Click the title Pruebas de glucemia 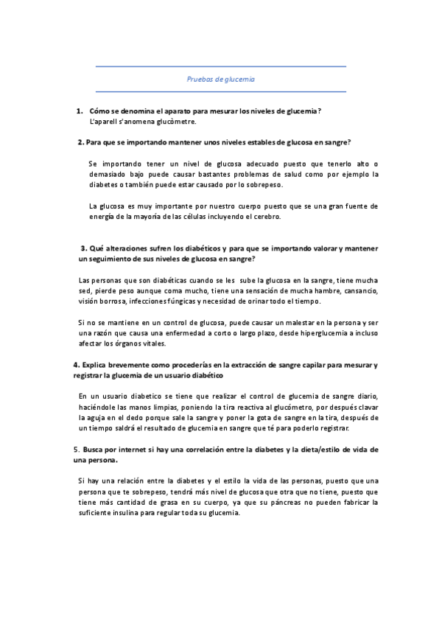(220, 79)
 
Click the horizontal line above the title (220, 67)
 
